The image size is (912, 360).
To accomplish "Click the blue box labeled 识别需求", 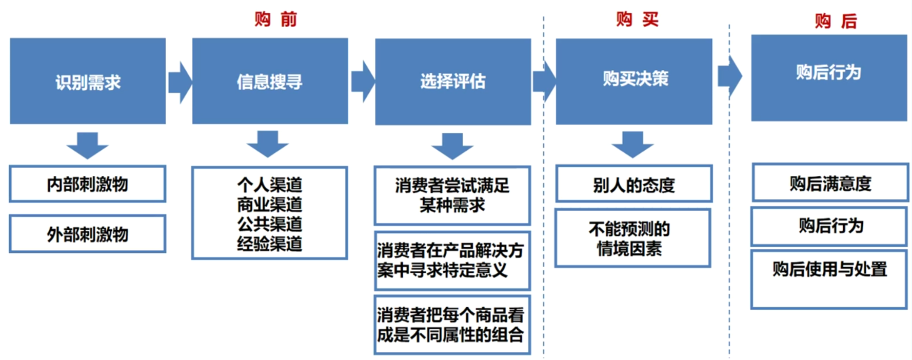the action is pyautogui.click(x=88, y=81).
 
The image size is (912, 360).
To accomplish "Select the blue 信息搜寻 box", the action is pyautogui.click(x=270, y=81).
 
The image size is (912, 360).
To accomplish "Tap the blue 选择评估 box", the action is pyautogui.click(x=453, y=82).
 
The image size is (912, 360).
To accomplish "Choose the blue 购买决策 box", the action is pyautogui.click(x=634, y=81).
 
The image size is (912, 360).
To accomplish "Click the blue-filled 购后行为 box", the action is pyautogui.click(x=829, y=78).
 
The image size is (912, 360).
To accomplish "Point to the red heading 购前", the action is pyautogui.click(x=276, y=19).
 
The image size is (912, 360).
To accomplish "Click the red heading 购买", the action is pyautogui.click(x=637, y=19).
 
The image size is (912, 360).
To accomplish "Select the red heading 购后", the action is pyautogui.click(x=836, y=21).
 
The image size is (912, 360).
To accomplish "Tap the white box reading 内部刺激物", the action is pyautogui.click(x=88, y=184).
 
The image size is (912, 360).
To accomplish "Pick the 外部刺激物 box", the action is pyautogui.click(x=88, y=234).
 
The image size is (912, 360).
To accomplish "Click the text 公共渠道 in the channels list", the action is pyautogui.click(x=270, y=224).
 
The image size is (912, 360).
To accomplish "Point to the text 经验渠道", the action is pyautogui.click(x=270, y=244).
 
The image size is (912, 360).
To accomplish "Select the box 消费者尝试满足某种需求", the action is pyautogui.click(x=452, y=195).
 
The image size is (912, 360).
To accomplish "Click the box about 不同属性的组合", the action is pyautogui.click(x=452, y=325).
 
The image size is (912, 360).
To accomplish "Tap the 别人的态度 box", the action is pyautogui.click(x=634, y=184).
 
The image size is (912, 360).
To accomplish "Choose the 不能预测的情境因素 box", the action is pyautogui.click(x=633, y=238).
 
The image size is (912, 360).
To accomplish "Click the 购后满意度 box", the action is pyautogui.click(x=830, y=183).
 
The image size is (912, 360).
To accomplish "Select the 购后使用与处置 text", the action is pyautogui.click(x=830, y=269).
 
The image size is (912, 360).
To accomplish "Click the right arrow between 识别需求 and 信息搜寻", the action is pyautogui.click(x=180, y=82).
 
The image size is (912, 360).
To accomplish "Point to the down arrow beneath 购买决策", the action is pyautogui.click(x=633, y=144).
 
